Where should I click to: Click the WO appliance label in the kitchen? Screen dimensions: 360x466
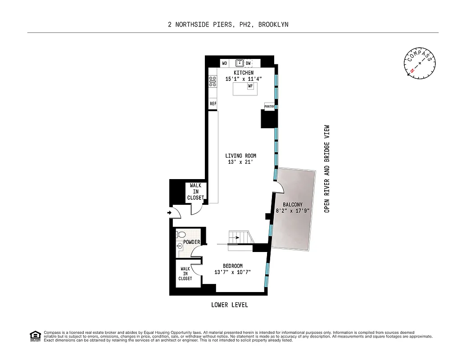pos(224,63)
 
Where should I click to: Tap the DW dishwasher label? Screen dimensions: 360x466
pos(248,63)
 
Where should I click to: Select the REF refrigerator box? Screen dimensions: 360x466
pos(213,104)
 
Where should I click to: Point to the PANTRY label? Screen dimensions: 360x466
pos(269,107)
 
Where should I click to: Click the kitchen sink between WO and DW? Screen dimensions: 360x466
pos(240,63)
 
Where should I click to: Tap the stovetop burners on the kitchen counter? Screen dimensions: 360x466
pos(213,81)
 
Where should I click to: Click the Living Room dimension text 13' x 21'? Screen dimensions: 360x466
pos(240,162)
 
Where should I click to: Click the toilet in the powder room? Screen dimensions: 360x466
pos(181,234)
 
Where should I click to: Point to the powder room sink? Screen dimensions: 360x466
pos(180,246)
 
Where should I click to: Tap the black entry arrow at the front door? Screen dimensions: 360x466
pos(170,212)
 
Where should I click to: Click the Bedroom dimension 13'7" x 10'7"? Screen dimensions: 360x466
pos(232,272)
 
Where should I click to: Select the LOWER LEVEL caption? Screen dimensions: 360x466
pos(230,305)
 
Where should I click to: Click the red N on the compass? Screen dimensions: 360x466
pos(412,71)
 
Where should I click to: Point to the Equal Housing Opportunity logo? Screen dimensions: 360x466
pos(35,336)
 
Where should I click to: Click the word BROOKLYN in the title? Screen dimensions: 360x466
pos(273,25)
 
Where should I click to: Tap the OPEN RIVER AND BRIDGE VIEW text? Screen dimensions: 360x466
pos(327,169)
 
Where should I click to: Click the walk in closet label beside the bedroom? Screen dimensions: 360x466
pos(185,274)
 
